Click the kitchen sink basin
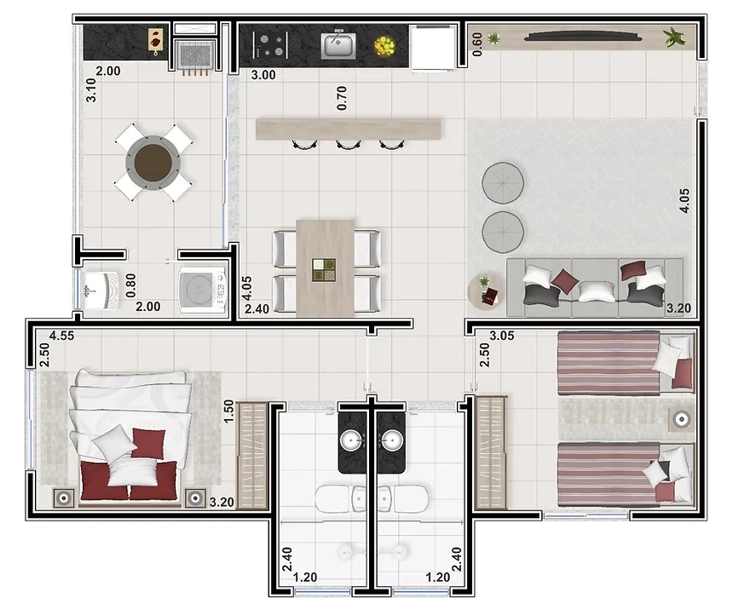click(x=338, y=46)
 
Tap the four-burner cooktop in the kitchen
click(x=270, y=45)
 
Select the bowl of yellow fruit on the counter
click(x=385, y=46)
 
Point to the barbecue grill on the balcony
click(x=195, y=55)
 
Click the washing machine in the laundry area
click(x=203, y=290)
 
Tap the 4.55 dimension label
click(x=61, y=336)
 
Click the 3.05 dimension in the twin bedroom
click(x=502, y=336)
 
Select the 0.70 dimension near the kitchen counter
click(x=342, y=98)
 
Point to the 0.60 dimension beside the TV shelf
click(x=477, y=44)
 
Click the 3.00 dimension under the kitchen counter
click(x=263, y=75)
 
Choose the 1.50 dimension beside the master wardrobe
click(x=228, y=411)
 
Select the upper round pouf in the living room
click(x=503, y=183)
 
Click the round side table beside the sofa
click(x=486, y=291)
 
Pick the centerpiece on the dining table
click(x=324, y=270)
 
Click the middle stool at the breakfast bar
click(x=348, y=145)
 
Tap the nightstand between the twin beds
click(x=682, y=419)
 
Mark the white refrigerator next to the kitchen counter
click(x=432, y=48)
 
